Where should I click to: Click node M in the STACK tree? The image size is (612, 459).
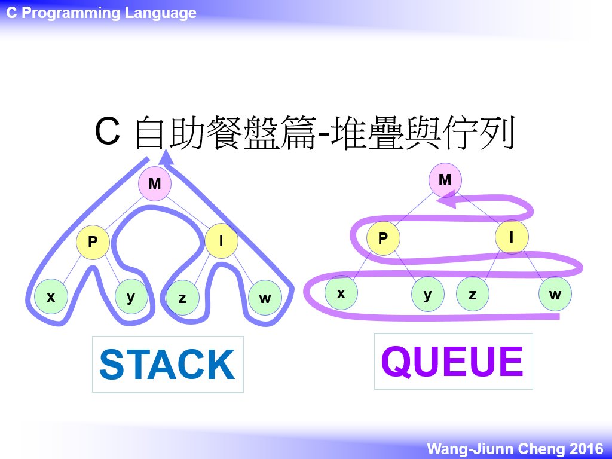(155, 183)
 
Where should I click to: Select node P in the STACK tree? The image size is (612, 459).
(93, 242)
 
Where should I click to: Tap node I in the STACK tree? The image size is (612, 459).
(221, 241)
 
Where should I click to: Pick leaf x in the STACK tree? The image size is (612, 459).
(51, 296)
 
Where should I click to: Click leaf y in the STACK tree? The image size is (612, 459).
(131, 296)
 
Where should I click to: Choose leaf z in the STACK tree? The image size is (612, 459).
(182, 298)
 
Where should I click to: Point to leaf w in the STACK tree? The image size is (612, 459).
(265, 298)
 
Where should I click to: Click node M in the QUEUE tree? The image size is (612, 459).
(445, 180)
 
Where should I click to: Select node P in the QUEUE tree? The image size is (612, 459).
(383, 238)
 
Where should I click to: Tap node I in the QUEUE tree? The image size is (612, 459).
(512, 237)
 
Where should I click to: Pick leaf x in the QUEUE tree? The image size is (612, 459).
(341, 293)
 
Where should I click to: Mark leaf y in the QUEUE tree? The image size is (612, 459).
(428, 294)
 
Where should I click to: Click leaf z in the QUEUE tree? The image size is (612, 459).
(473, 294)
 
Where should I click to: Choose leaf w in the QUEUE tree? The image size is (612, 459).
(555, 294)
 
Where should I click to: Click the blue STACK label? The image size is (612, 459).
(167, 365)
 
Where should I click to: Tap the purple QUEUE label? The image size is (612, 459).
(452, 362)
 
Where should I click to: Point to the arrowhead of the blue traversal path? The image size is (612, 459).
(167, 158)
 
